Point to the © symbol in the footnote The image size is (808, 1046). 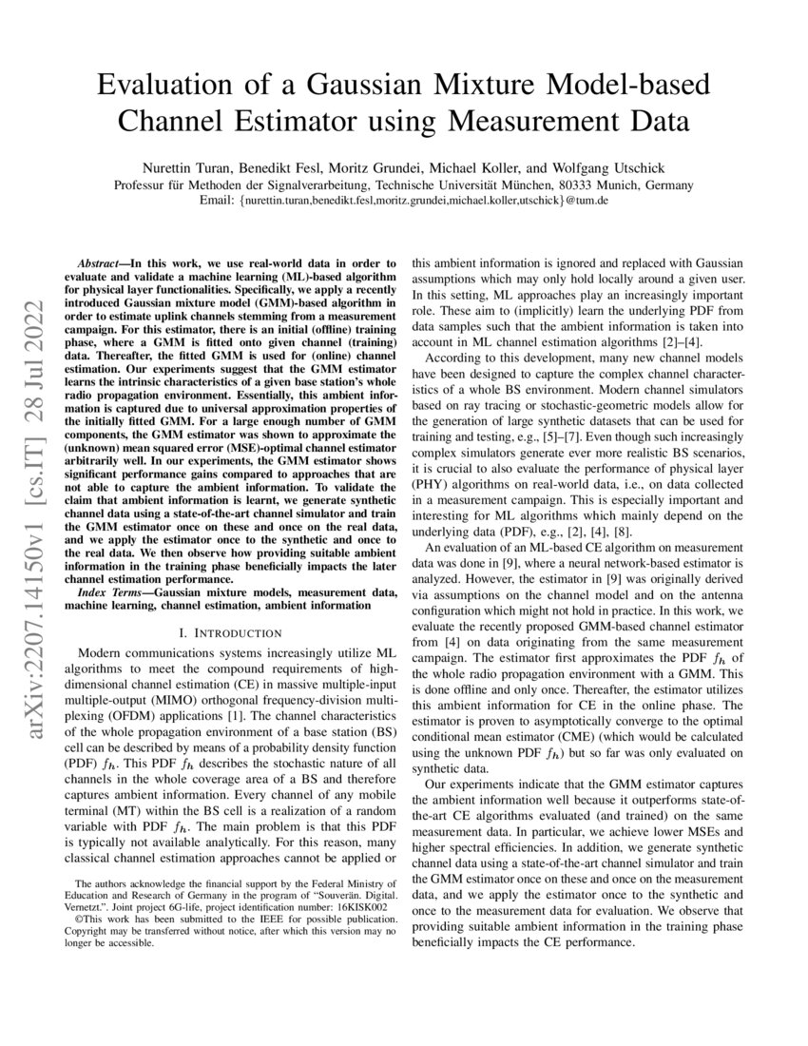coord(79,921)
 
